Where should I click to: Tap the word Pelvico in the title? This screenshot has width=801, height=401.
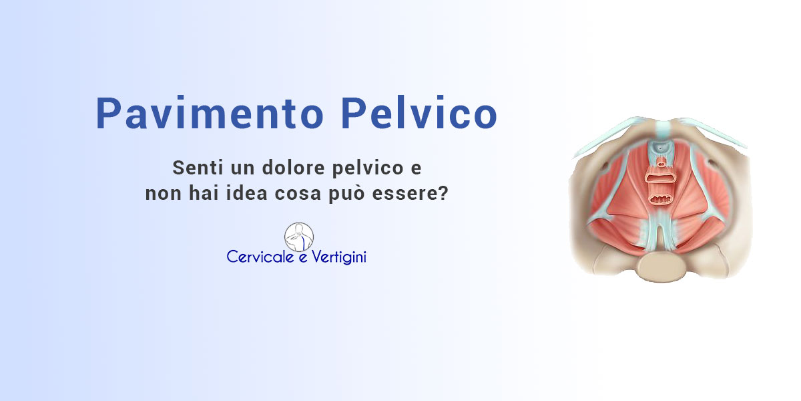[x=419, y=112]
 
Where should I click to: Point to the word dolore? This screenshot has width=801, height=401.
[x=293, y=168]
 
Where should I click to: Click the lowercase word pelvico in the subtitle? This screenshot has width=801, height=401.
[x=368, y=168]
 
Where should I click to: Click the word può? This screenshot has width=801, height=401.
[x=346, y=194]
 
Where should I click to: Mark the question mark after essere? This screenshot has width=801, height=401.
[x=443, y=193]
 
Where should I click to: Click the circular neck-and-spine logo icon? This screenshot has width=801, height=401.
[x=299, y=237]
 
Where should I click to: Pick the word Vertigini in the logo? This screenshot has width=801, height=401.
[x=339, y=257]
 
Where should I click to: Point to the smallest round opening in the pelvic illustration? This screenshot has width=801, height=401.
[x=662, y=164]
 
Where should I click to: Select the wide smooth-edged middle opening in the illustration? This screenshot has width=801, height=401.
[x=661, y=178]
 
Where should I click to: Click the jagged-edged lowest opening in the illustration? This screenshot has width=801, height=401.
[x=661, y=198]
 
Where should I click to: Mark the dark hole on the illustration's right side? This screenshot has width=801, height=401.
[x=712, y=164]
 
